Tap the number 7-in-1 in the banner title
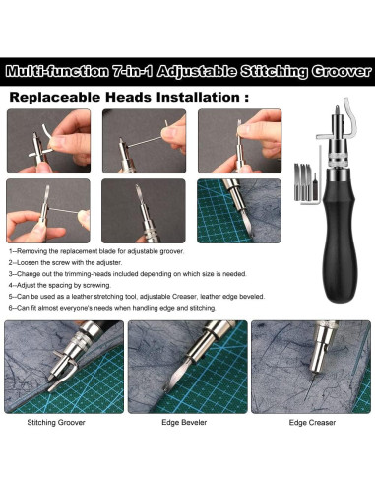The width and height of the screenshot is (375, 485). (132, 72)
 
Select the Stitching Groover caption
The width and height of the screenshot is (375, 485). (56, 423)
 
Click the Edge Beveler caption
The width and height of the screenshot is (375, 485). (184, 423)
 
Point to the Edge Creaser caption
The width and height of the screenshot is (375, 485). (312, 423)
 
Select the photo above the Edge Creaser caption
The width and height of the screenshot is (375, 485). (311, 367)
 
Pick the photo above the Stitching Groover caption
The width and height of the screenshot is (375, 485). (64, 367)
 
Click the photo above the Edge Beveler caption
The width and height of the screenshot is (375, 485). (187, 367)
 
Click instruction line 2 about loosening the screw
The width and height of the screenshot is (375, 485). (65, 263)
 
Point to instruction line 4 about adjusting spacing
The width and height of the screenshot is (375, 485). (60, 285)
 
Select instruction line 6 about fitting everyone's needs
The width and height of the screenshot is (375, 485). (112, 308)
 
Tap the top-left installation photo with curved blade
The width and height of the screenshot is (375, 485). (48, 141)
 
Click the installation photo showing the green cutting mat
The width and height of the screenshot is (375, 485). (239, 211)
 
